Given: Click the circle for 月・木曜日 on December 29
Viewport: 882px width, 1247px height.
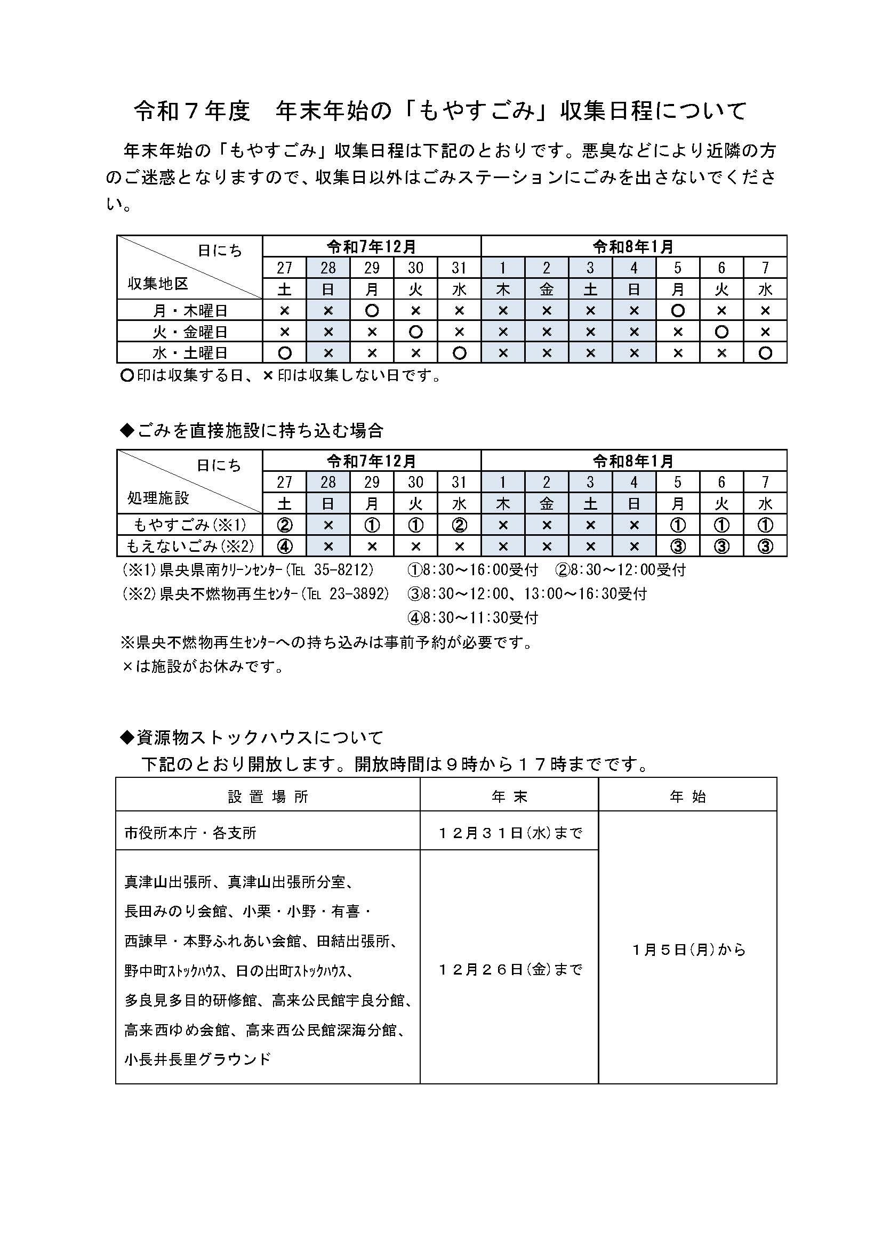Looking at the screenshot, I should tap(372, 311).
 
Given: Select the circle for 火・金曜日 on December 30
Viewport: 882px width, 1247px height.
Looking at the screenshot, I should tap(415, 332).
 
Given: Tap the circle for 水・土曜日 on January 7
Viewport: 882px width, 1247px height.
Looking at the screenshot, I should tap(765, 353).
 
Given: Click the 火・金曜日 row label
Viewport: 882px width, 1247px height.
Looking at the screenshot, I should tap(190, 332).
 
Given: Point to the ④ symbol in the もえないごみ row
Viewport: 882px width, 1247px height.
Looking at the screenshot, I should tap(285, 546).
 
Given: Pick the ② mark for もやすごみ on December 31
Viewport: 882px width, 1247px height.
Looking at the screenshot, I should tap(459, 525).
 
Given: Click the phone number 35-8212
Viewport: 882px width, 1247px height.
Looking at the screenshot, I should tap(343, 570).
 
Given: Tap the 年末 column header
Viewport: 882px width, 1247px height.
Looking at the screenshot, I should tap(509, 797).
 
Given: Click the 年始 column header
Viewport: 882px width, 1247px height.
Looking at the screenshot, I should tap(687, 797).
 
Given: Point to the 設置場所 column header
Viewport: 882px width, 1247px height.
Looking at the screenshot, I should tap(268, 797).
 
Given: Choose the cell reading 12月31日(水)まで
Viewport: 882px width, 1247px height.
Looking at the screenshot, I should tap(510, 833).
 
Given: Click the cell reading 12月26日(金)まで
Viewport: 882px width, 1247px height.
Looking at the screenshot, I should tap(510, 969).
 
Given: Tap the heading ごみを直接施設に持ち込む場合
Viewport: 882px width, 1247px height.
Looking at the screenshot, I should tap(252, 431).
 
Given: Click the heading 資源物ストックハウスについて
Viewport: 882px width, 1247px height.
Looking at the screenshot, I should tap(252, 737).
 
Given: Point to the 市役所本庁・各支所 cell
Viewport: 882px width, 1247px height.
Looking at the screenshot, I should tap(190, 833).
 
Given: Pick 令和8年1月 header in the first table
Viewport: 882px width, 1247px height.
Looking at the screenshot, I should tap(634, 247).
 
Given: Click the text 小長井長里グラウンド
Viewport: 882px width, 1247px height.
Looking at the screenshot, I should tap(198, 1059).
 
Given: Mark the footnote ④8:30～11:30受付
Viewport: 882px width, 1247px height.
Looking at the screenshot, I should tap(472, 617).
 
